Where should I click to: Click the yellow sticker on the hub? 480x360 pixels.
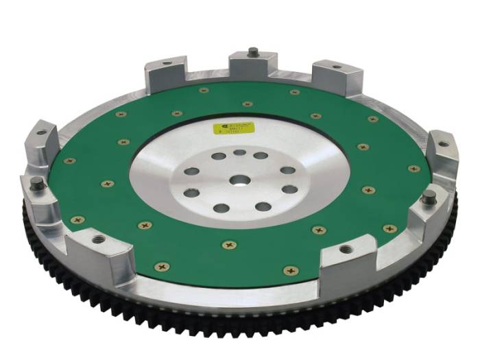tap(234, 128)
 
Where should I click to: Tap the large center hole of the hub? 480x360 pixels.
tap(239, 180)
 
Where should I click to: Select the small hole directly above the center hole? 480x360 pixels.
tap(239, 153)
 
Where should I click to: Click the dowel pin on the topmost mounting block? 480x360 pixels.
tap(253, 51)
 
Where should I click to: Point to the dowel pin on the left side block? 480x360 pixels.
tap(38, 184)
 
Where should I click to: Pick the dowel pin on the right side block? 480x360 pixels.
tap(429, 198)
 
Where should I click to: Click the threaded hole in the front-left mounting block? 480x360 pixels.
tap(99, 239)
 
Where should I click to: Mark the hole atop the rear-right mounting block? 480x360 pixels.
tap(336, 67)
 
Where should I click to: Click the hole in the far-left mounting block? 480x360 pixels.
tap(42, 132)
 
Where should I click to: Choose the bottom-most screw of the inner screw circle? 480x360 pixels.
tap(230, 243)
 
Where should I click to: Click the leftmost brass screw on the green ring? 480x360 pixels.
tap(69, 160)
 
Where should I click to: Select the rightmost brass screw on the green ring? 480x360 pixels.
tap(413, 169)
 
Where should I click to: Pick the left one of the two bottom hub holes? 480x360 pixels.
tap(221, 207)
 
